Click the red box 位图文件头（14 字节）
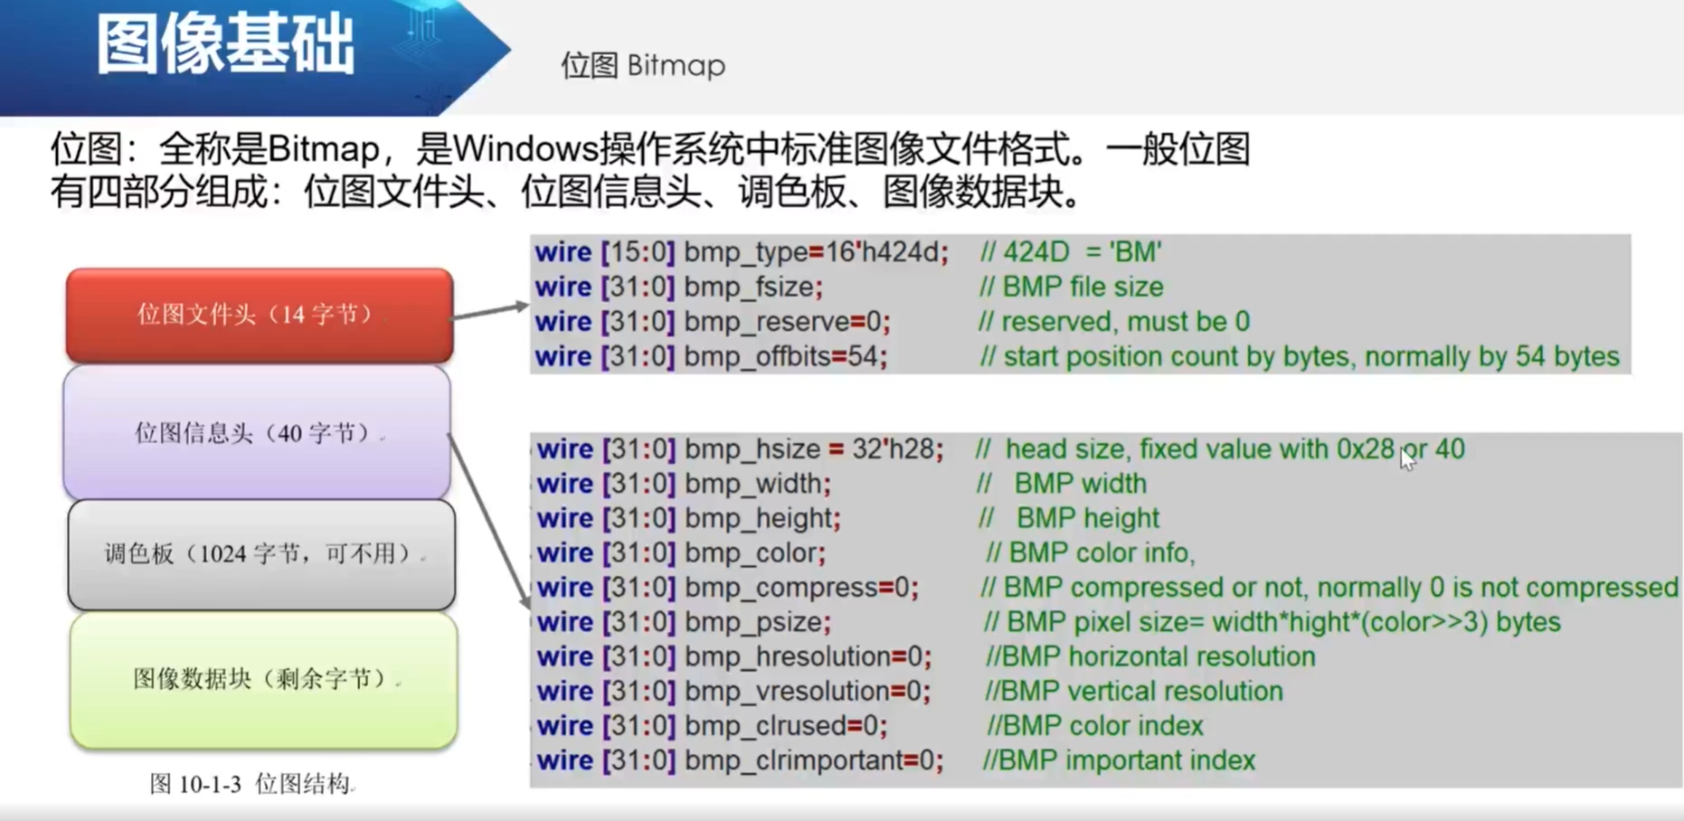(x=259, y=315)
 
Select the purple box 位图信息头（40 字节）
(x=257, y=433)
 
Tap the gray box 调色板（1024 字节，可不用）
(x=261, y=553)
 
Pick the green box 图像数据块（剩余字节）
(x=263, y=679)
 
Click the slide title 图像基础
(x=225, y=45)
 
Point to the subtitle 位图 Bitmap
(x=642, y=65)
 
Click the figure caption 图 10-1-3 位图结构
(x=251, y=783)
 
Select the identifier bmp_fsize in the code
(x=750, y=288)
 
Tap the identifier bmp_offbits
(x=757, y=357)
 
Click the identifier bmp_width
(x=754, y=484)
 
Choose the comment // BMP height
(x=1068, y=518)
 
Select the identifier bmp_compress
(x=781, y=588)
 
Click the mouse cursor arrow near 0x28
(x=1406, y=458)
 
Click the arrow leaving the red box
(x=489, y=310)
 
